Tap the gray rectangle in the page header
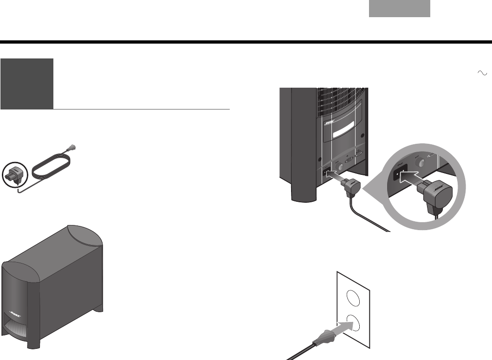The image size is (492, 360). (x=399, y=9)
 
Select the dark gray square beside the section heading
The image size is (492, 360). (x=26, y=84)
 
